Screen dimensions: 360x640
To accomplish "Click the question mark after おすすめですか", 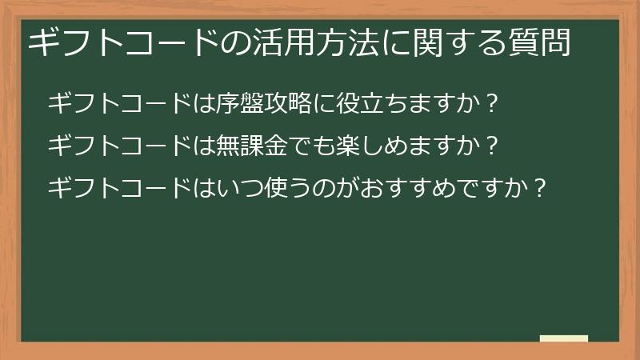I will point(540,189).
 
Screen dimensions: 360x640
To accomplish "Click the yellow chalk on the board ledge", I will point(564,338).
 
